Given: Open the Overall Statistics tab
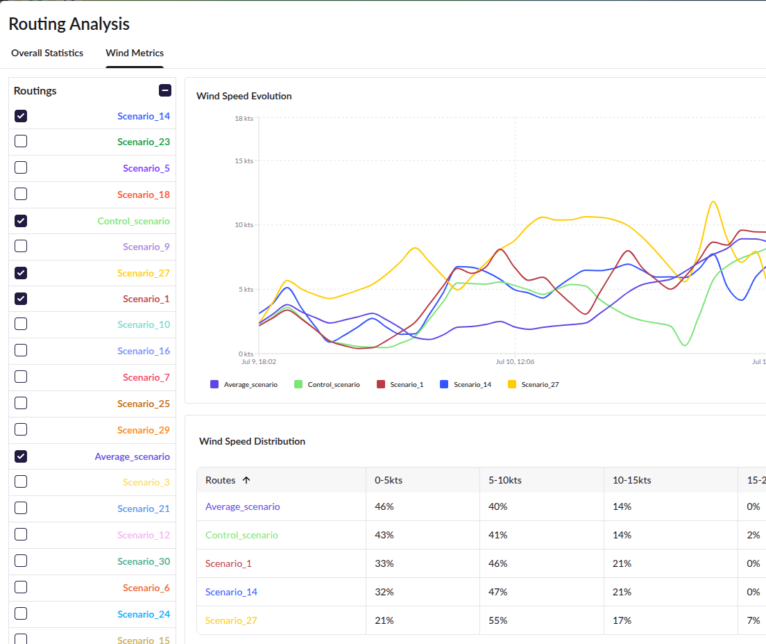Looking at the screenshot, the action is click(x=47, y=53).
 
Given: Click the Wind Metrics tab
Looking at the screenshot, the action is click(x=135, y=53).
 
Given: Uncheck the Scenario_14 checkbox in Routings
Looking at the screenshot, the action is click(x=21, y=116).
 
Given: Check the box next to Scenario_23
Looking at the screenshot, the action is click(x=21, y=141).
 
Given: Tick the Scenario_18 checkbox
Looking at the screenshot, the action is click(x=21, y=194).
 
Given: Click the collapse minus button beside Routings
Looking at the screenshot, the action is click(x=165, y=90).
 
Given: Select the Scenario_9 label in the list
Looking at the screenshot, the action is click(x=146, y=247).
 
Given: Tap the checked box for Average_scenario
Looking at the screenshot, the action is click(x=21, y=456).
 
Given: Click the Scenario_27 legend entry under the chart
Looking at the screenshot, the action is click(x=534, y=384).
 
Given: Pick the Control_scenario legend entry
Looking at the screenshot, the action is click(x=327, y=384).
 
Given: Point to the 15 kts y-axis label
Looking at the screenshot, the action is click(x=244, y=161).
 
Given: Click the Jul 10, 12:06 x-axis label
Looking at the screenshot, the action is click(x=515, y=362).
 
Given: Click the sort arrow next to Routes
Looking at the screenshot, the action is click(x=246, y=480).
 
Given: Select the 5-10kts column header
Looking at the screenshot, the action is click(x=505, y=480).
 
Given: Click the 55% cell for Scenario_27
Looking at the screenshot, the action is click(x=497, y=620).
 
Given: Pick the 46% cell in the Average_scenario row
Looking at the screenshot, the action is click(x=384, y=506).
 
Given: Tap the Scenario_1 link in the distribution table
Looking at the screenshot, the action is click(x=228, y=563).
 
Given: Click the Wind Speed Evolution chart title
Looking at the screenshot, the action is click(x=244, y=96).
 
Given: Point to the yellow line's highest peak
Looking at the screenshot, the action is click(x=713, y=201).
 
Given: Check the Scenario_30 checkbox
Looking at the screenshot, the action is click(x=21, y=561).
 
